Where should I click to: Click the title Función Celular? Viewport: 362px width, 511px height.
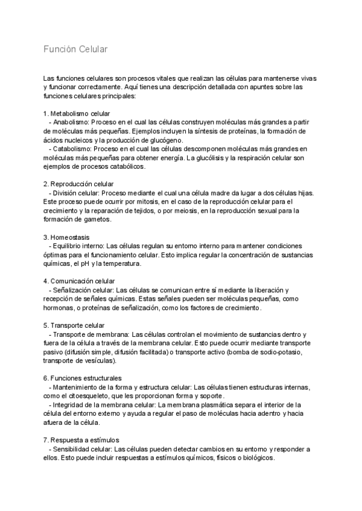pyautogui.click(x=75, y=49)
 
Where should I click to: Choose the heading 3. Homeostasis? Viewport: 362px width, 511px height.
pyautogui.click(x=66, y=237)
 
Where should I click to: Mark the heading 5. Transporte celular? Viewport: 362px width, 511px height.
pyautogui.click(x=74, y=325)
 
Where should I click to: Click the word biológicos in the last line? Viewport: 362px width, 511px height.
pyautogui.click(x=258, y=457)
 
